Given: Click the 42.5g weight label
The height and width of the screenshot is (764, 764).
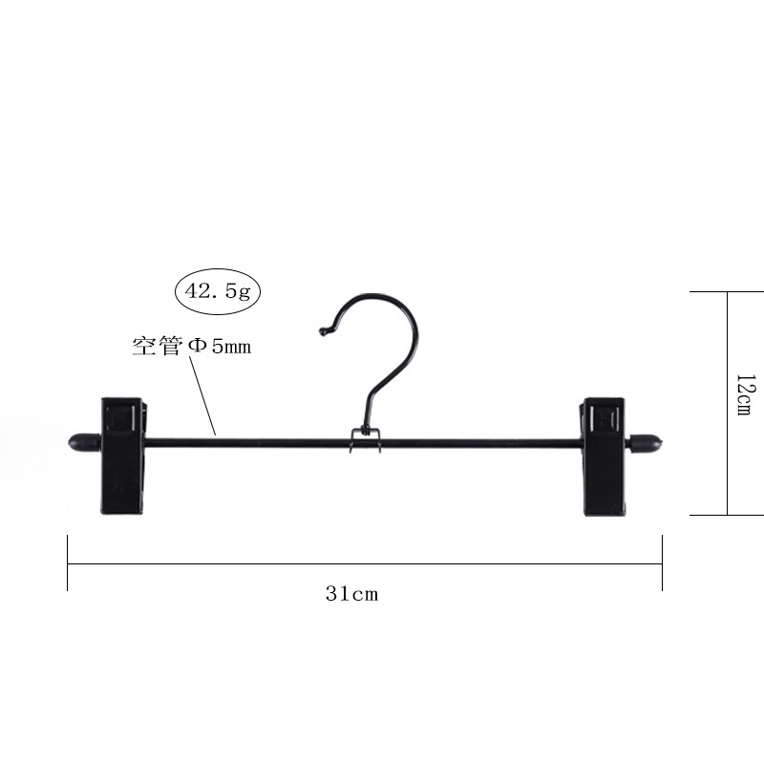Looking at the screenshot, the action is (x=218, y=291).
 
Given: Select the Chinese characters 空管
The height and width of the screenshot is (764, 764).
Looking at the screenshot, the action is (x=158, y=346).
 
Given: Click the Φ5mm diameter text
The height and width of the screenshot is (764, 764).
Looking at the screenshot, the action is (x=220, y=346).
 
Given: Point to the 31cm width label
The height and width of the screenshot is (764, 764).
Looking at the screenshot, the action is (x=351, y=594).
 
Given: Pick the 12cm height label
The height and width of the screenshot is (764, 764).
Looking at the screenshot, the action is (x=746, y=395).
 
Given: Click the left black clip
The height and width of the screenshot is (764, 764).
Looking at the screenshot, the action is (x=124, y=456).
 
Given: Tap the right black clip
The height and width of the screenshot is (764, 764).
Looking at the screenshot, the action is (x=605, y=456).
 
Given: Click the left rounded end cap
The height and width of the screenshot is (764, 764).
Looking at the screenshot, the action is (x=84, y=442).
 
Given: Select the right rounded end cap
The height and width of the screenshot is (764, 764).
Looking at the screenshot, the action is (x=646, y=443).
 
